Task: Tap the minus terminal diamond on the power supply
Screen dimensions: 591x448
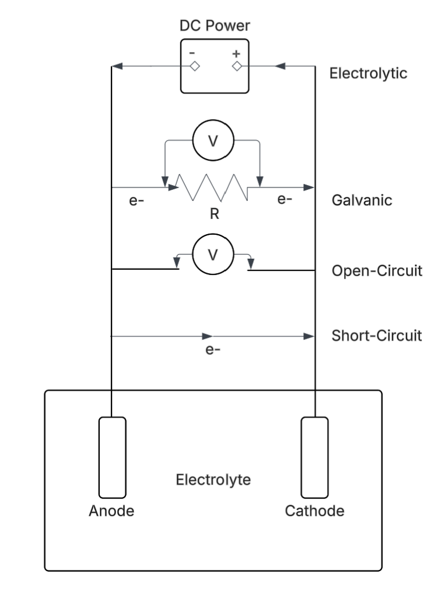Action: (195, 67)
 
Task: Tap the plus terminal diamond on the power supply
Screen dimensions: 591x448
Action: (236, 67)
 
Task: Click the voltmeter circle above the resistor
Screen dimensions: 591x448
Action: (213, 141)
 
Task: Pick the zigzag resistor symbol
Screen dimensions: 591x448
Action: (212, 187)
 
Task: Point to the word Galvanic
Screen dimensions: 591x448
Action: (362, 200)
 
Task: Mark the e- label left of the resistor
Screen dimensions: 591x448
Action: (136, 202)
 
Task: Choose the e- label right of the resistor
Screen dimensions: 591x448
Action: (285, 200)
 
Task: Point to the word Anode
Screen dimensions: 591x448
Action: (111, 512)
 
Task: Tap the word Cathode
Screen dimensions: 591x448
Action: (314, 512)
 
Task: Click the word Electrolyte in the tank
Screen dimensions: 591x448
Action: (213, 481)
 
